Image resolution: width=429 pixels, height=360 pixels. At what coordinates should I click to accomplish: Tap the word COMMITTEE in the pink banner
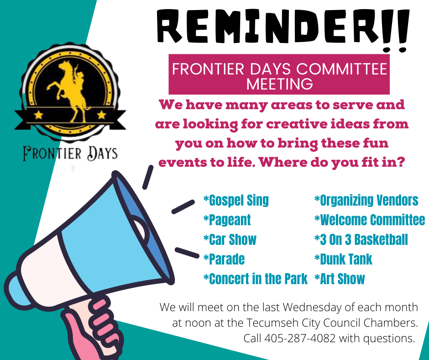click(x=342, y=69)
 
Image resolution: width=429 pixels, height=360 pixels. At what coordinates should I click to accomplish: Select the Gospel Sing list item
click(x=236, y=200)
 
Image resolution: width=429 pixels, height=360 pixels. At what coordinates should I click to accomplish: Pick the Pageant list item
click(x=227, y=220)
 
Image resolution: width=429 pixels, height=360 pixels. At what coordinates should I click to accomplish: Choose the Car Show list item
click(x=230, y=239)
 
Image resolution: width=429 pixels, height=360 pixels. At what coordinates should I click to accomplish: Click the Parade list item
click(x=224, y=259)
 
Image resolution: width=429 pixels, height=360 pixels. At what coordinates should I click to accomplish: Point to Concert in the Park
click(x=256, y=279)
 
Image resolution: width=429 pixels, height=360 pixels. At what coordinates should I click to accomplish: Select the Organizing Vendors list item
click(x=366, y=200)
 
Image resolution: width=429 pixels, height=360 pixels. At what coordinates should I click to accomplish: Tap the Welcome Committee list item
click(x=370, y=220)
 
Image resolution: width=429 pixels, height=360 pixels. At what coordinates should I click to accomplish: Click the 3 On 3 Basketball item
click(x=361, y=239)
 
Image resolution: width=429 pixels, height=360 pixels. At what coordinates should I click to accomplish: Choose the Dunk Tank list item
click(x=343, y=259)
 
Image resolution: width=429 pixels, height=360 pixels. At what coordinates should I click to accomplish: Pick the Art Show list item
click(x=340, y=279)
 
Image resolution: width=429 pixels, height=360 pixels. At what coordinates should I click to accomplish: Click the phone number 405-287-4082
click(x=300, y=339)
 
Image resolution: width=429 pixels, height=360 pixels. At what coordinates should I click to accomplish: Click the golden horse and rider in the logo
click(x=70, y=90)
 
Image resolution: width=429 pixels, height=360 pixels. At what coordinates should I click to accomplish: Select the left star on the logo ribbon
click(x=39, y=115)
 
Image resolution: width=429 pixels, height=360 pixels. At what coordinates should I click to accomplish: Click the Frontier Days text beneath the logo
click(x=70, y=154)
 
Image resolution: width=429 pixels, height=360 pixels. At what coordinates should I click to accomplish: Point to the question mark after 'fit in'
click(x=400, y=162)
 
